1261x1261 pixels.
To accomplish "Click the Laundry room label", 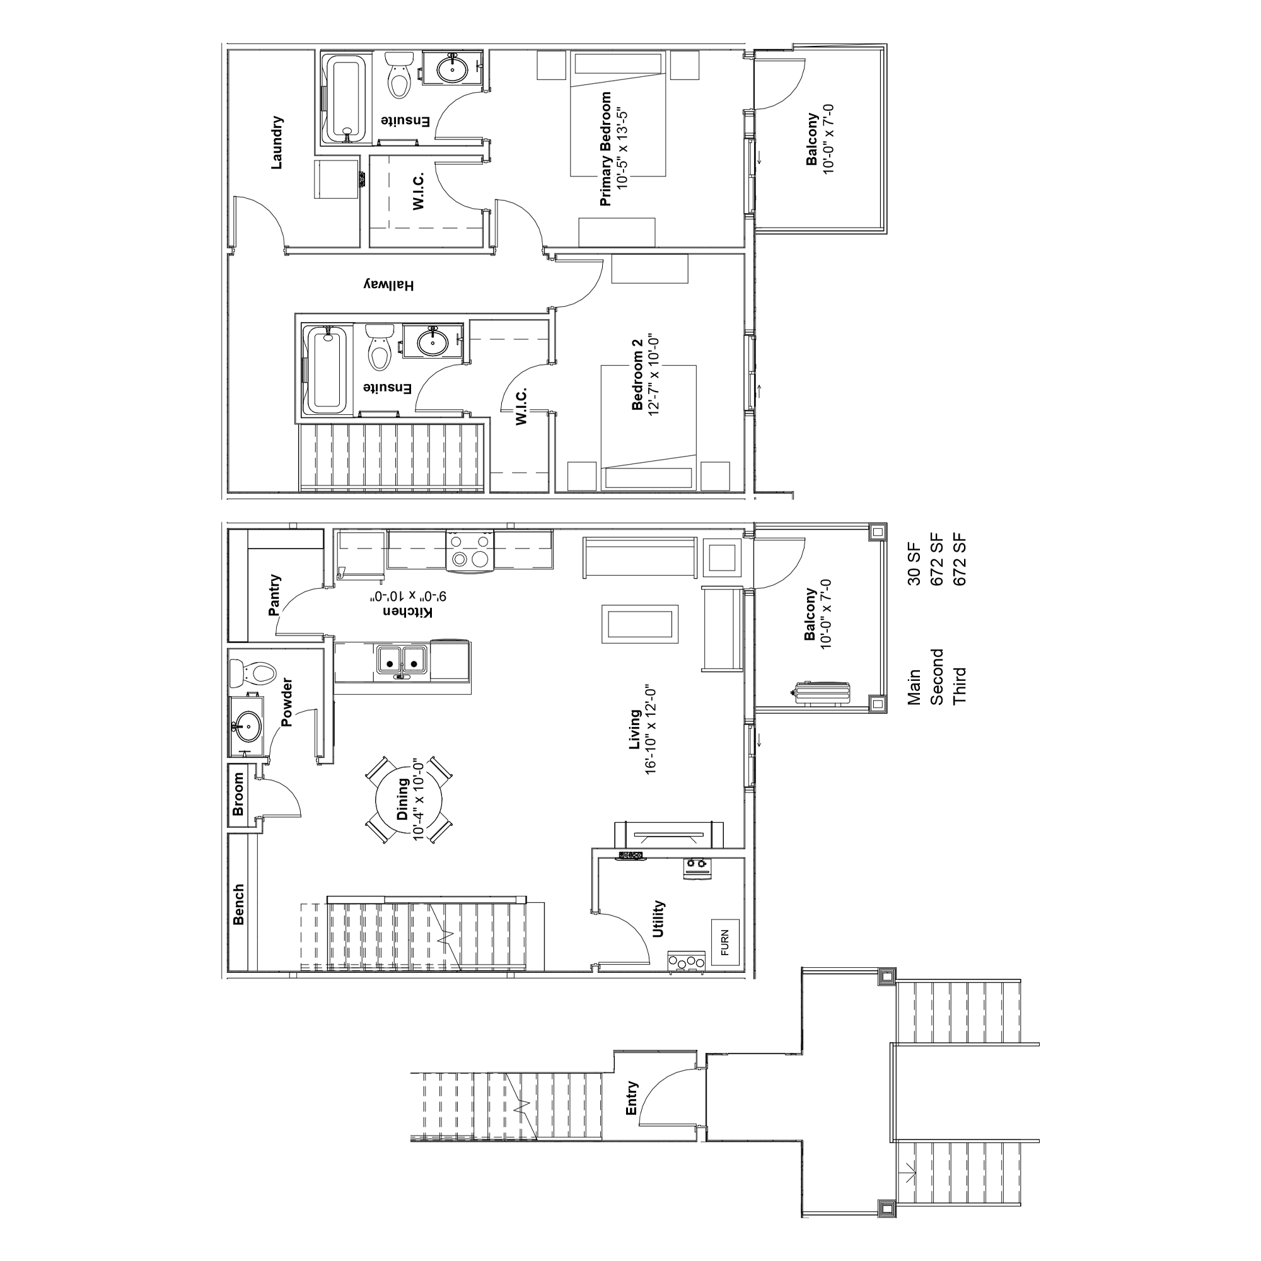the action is pos(277,143).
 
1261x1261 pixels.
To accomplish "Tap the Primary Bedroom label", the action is pos(606,149).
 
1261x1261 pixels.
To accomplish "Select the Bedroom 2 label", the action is pos(637,375).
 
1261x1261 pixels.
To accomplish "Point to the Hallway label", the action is pos(389,285).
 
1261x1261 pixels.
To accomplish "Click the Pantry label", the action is pos(275,595).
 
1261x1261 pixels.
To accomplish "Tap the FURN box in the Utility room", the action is pos(725,943).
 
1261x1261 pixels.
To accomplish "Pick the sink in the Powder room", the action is pos(247,726).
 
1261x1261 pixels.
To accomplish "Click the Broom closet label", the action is pos(238,794).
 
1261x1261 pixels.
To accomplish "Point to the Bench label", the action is pos(239,905).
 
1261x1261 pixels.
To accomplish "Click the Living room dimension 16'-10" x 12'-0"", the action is pos(650,730).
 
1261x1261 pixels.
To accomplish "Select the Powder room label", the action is pos(286,702).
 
